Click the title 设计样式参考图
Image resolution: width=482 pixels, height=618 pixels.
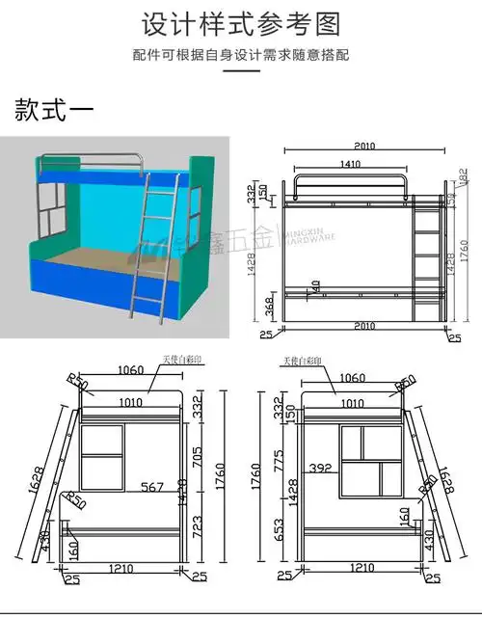click(241, 23)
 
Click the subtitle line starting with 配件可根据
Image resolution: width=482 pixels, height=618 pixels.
click(241, 54)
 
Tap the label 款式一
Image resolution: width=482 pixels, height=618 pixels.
click(54, 109)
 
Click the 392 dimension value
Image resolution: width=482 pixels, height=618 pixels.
click(320, 470)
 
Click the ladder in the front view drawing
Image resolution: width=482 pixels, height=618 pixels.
click(424, 260)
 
